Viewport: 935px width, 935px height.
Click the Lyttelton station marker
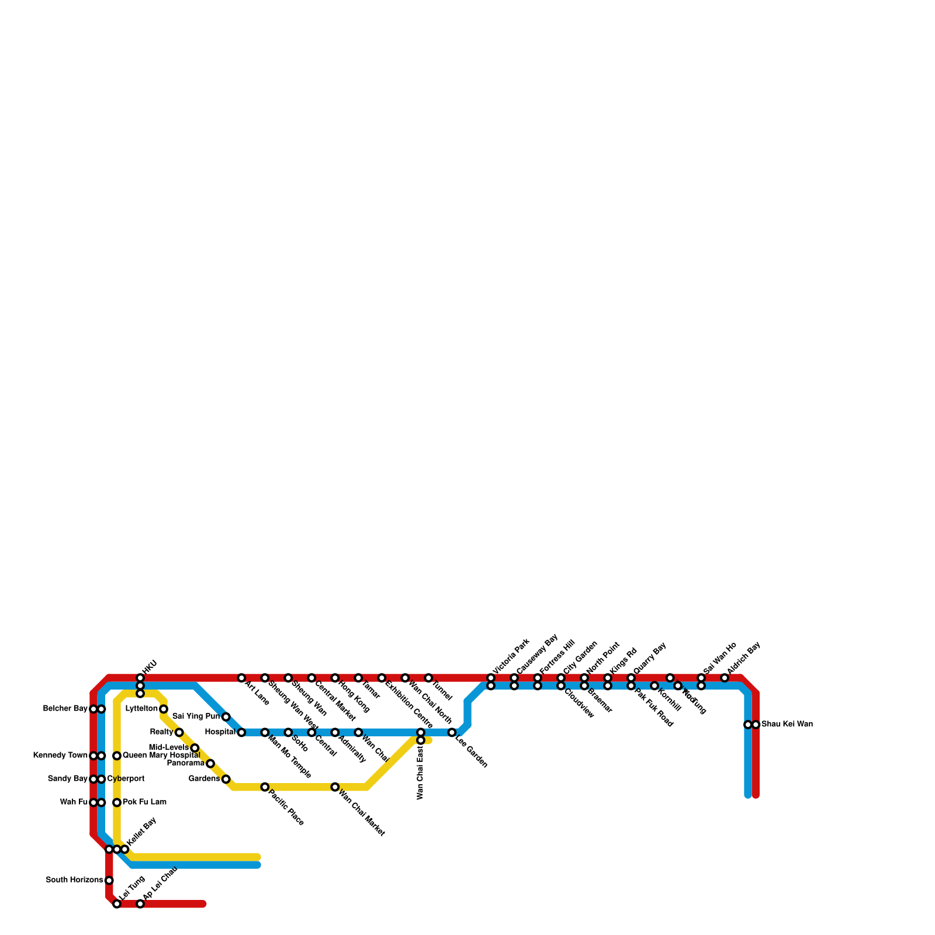(164, 709)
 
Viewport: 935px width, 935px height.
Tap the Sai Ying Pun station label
(196, 716)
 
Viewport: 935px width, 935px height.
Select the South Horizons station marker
(109, 880)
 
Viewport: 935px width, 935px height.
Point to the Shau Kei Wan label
(787, 725)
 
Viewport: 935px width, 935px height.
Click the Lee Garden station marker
(452, 732)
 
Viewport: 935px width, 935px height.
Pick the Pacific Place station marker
(265, 787)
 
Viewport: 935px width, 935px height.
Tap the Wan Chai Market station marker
(335, 787)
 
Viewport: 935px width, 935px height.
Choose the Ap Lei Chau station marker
(140, 904)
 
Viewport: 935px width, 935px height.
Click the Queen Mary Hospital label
(161, 756)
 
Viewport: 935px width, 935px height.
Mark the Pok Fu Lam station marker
(117, 802)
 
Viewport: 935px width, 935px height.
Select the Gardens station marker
(226, 779)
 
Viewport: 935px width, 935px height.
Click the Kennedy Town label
(60, 756)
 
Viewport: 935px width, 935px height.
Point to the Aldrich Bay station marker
(725, 678)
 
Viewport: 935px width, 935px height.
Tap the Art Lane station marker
(241, 678)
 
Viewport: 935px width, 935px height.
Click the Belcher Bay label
(65, 709)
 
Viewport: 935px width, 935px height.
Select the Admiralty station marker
(335, 732)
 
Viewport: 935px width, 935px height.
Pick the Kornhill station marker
(654, 685)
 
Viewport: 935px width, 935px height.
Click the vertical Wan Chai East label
(420, 774)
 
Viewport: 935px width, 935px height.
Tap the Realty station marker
(179, 732)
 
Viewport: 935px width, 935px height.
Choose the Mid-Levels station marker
(195, 748)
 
